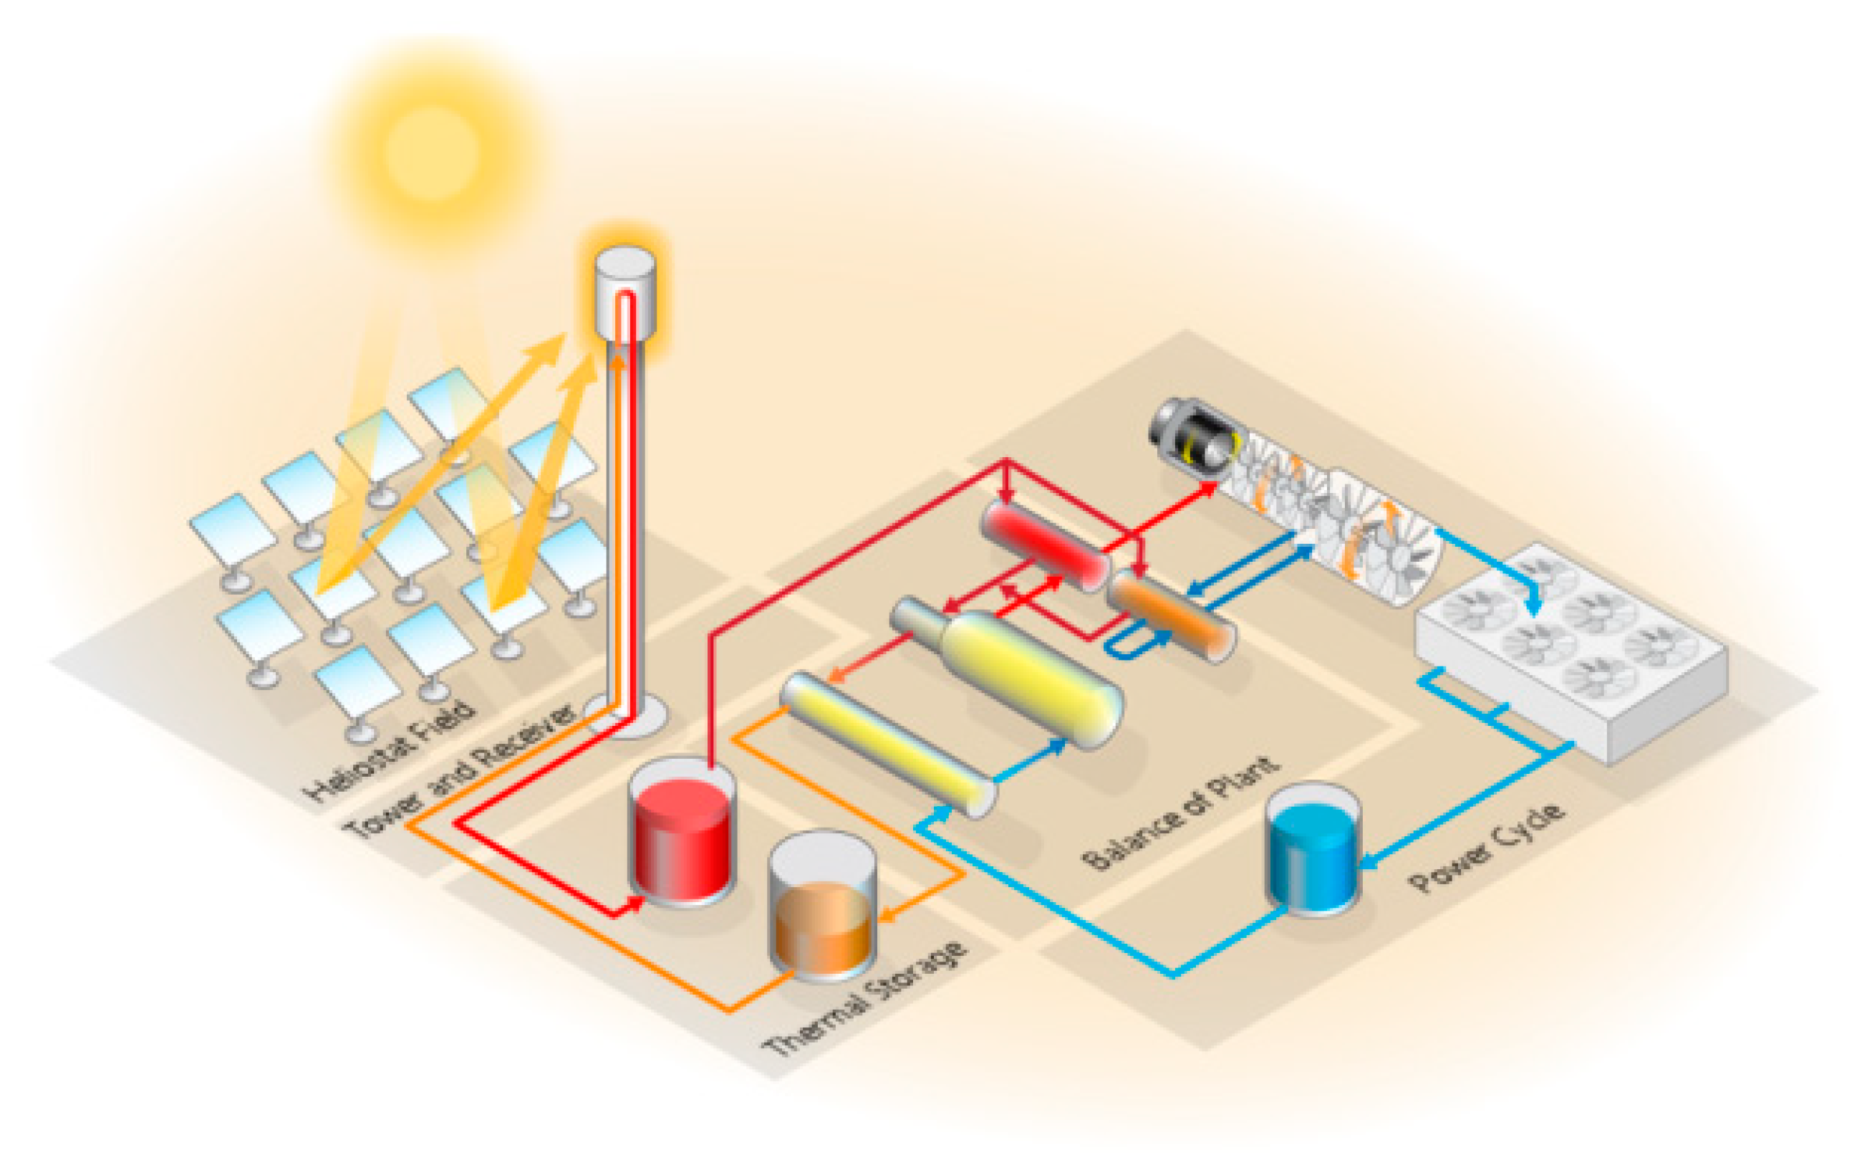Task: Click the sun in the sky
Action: [432, 152]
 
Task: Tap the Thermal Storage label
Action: [864, 1000]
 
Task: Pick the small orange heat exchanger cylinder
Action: [1171, 614]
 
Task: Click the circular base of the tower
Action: [625, 715]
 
